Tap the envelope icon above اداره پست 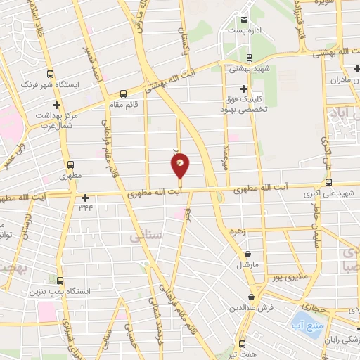point(244,19)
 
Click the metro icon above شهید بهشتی point(250,58)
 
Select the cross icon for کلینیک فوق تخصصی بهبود point(243,89)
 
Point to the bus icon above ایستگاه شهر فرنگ point(49,74)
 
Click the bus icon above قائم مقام point(124,92)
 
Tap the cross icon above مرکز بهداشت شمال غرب point(46,104)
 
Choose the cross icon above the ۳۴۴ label point(86,198)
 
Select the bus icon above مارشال point(247,255)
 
